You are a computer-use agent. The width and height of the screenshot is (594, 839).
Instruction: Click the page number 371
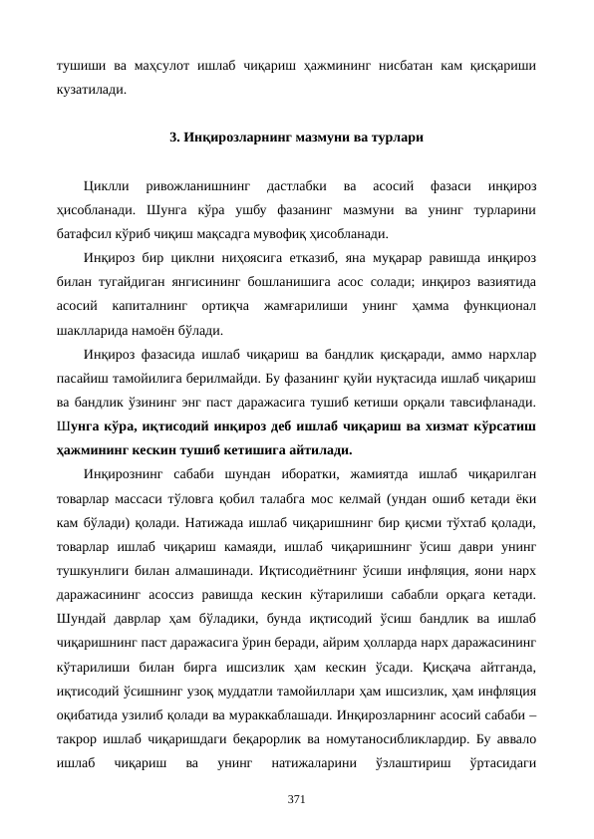296,799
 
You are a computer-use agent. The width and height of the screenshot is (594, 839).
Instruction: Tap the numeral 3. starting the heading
175,138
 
